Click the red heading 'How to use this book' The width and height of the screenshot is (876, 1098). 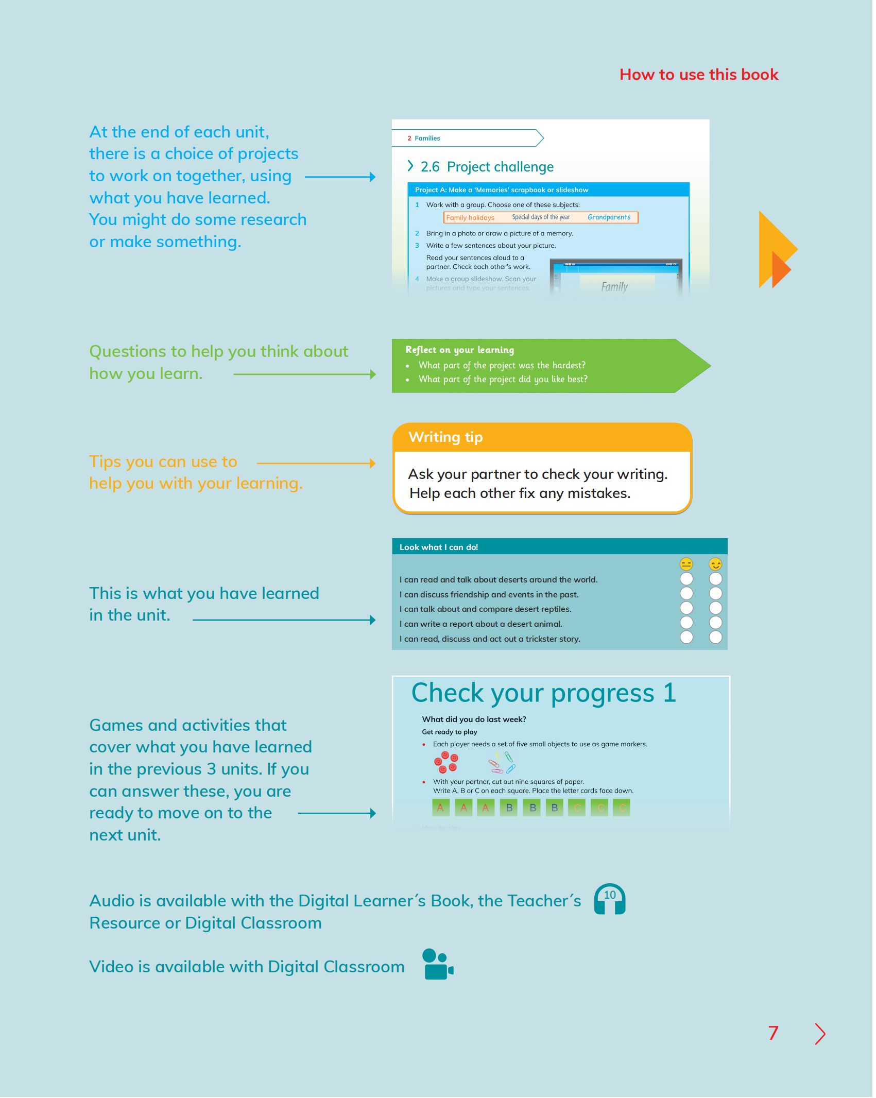coord(698,75)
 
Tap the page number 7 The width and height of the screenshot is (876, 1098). coord(773,1033)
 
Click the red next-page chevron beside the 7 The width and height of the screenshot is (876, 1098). coord(820,1034)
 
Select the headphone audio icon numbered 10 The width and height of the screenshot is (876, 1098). coord(610,899)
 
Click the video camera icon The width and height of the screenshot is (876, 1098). coord(437,964)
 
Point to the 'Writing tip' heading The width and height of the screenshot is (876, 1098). coord(445,437)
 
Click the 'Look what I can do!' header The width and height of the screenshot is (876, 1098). coord(439,547)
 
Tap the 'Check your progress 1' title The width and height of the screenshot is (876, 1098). coord(543,693)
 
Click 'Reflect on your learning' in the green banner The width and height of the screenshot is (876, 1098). coord(459,350)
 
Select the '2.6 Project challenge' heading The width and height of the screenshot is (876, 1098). coord(487,167)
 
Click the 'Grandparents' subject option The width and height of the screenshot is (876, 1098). coord(609,217)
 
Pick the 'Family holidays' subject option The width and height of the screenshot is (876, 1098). coord(470,218)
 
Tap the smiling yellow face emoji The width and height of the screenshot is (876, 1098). coord(715,564)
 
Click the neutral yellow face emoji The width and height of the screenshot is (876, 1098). coord(686,564)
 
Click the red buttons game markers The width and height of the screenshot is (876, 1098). coord(446,762)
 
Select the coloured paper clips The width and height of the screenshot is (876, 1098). coord(502,762)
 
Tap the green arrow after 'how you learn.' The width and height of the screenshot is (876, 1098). coord(304,374)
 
